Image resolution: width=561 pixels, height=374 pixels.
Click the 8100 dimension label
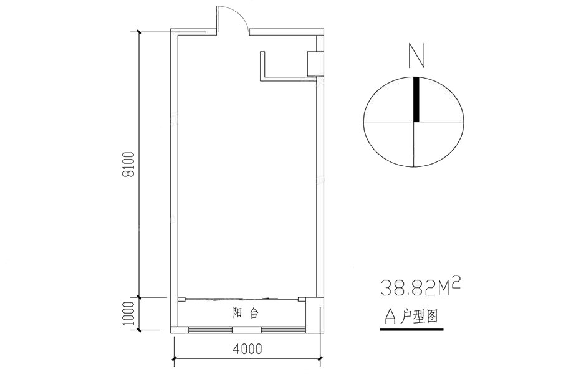(128, 165)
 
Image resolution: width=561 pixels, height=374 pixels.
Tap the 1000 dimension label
(128, 314)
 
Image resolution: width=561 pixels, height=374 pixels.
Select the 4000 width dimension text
(247, 348)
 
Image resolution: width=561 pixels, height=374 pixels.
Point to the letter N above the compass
(417, 55)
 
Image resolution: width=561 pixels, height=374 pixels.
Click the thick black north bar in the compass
(416, 100)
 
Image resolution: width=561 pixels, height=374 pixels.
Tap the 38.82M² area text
(420, 287)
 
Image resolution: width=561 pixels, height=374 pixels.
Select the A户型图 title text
(411, 317)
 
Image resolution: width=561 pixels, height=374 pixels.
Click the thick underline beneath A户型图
(411, 329)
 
